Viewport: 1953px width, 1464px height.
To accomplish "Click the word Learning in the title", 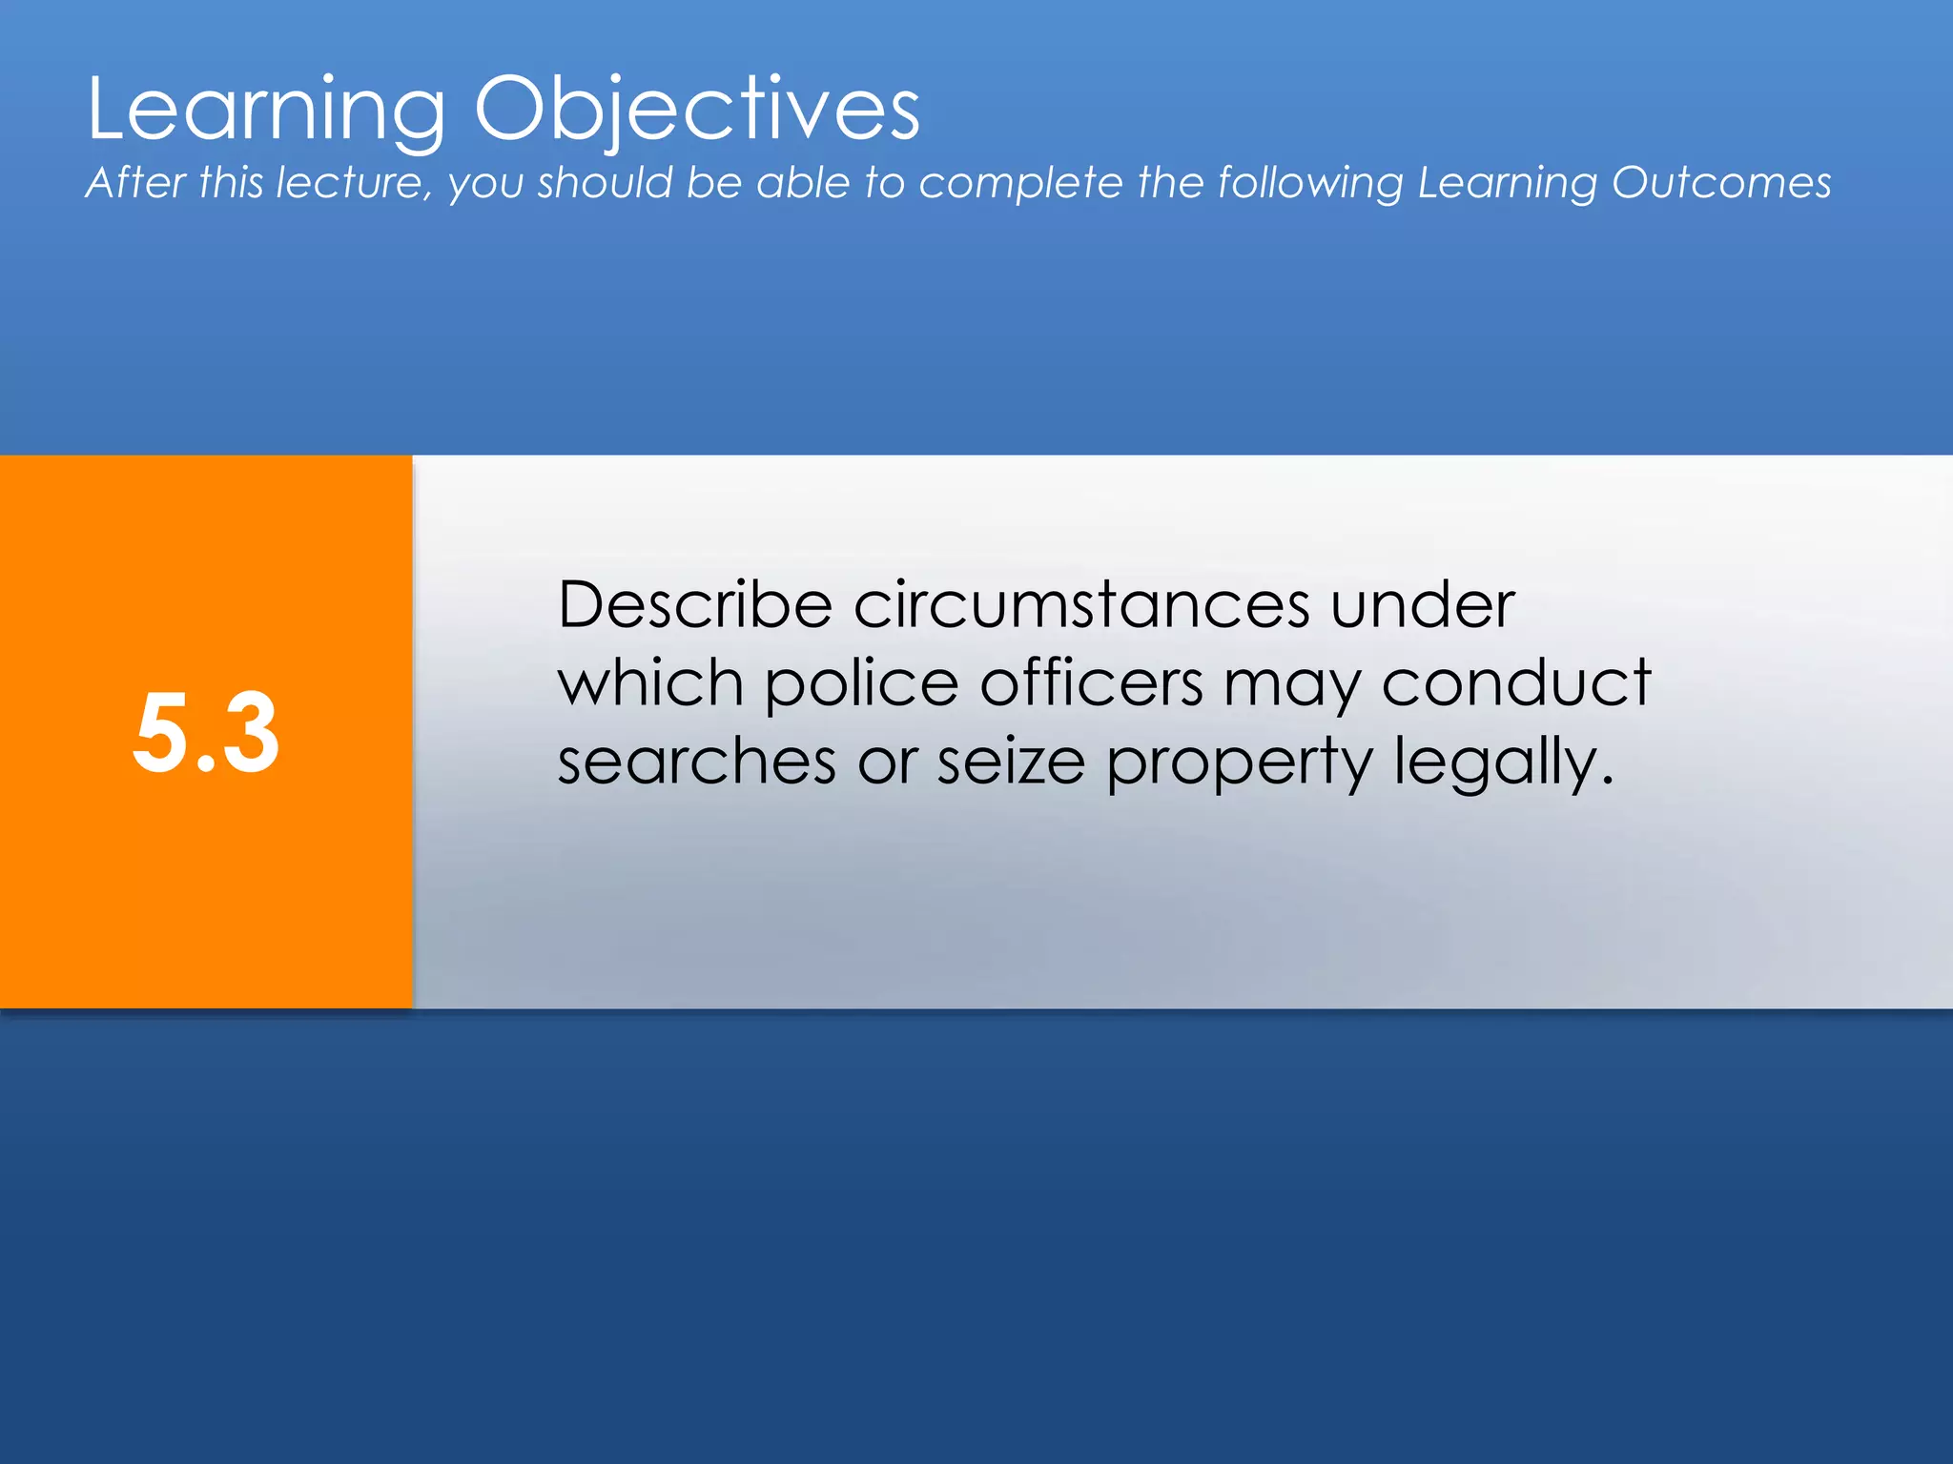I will pos(266,111).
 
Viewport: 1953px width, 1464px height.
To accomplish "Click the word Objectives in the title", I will pos(697,111).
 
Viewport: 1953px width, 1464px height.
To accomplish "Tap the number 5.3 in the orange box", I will pos(206,733).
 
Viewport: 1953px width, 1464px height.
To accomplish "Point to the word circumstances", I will pos(1081,605).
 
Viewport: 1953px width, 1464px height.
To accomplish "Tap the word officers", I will pos(1091,684).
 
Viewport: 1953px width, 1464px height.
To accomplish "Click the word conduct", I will pos(1516,684).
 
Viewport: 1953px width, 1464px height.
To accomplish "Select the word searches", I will pos(697,762).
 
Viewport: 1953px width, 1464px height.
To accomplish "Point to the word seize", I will pos(1011,762).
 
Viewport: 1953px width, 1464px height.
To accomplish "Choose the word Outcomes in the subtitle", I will pos(1721,183).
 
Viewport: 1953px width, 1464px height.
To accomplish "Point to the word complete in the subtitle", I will pos(1020,183).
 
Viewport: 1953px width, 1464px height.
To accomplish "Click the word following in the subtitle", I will pos(1310,183).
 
